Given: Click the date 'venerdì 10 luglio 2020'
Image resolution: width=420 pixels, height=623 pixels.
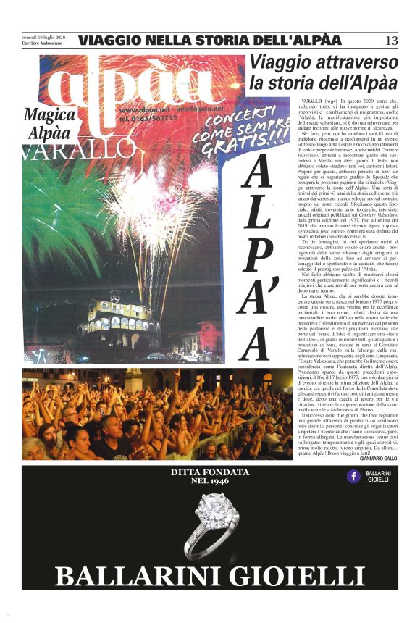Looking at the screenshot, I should point(43,36).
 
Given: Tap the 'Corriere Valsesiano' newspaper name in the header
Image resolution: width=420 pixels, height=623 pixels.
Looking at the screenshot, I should point(43,43).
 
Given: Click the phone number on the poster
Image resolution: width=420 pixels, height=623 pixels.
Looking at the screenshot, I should point(148,118).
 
